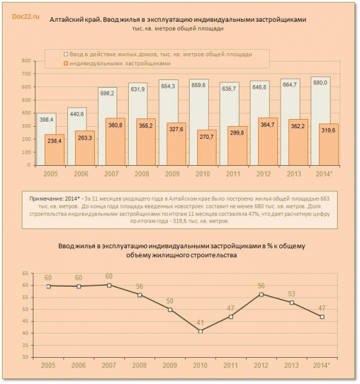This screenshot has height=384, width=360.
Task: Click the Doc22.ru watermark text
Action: click(x=26, y=17)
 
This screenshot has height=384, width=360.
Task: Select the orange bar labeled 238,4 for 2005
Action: click(x=54, y=150)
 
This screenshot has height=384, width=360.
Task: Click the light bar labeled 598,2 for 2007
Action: click(x=108, y=126)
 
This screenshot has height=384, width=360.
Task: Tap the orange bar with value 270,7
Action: click(x=207, y=147)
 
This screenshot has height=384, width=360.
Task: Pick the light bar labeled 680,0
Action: click(x=320, y=121)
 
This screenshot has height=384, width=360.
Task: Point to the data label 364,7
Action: click(x=267, y=125)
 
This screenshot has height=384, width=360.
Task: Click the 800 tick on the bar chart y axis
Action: click(x=26, y=61)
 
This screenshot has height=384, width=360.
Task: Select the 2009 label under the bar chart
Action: click(x=172, y=174)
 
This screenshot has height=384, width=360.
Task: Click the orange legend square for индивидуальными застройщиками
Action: click(x=66, y=63)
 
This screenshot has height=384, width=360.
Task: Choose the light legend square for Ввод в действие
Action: click(x=66, y=54)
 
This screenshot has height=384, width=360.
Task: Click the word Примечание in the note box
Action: click(x=45, y=198)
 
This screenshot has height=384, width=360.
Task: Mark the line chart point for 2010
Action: click(x=200, y=332)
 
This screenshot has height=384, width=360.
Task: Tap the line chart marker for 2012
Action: click(x=261, y=294)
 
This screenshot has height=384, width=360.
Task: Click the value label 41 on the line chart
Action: click(x=200, y=323)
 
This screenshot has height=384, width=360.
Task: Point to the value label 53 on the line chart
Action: click(x=291, y=294)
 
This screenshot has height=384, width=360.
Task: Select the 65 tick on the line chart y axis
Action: click(x=25, y=273)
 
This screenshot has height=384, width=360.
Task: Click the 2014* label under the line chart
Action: click(x=322, y=365)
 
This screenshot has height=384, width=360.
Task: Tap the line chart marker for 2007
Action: click(x=110, y=285)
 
